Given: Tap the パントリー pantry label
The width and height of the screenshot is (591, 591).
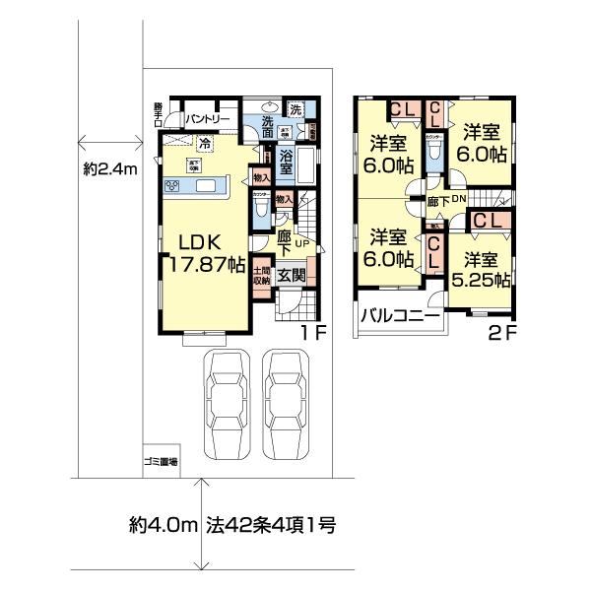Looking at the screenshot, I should [208, 118].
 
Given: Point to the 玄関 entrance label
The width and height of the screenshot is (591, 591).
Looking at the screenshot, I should [291, 275].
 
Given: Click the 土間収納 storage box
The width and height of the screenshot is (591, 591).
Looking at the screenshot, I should [262, 276].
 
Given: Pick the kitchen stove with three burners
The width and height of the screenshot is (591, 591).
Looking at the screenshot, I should [172, 187].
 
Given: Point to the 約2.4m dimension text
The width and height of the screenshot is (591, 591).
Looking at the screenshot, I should [110, 168].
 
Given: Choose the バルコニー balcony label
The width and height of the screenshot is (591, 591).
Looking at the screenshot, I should [400, 317].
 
